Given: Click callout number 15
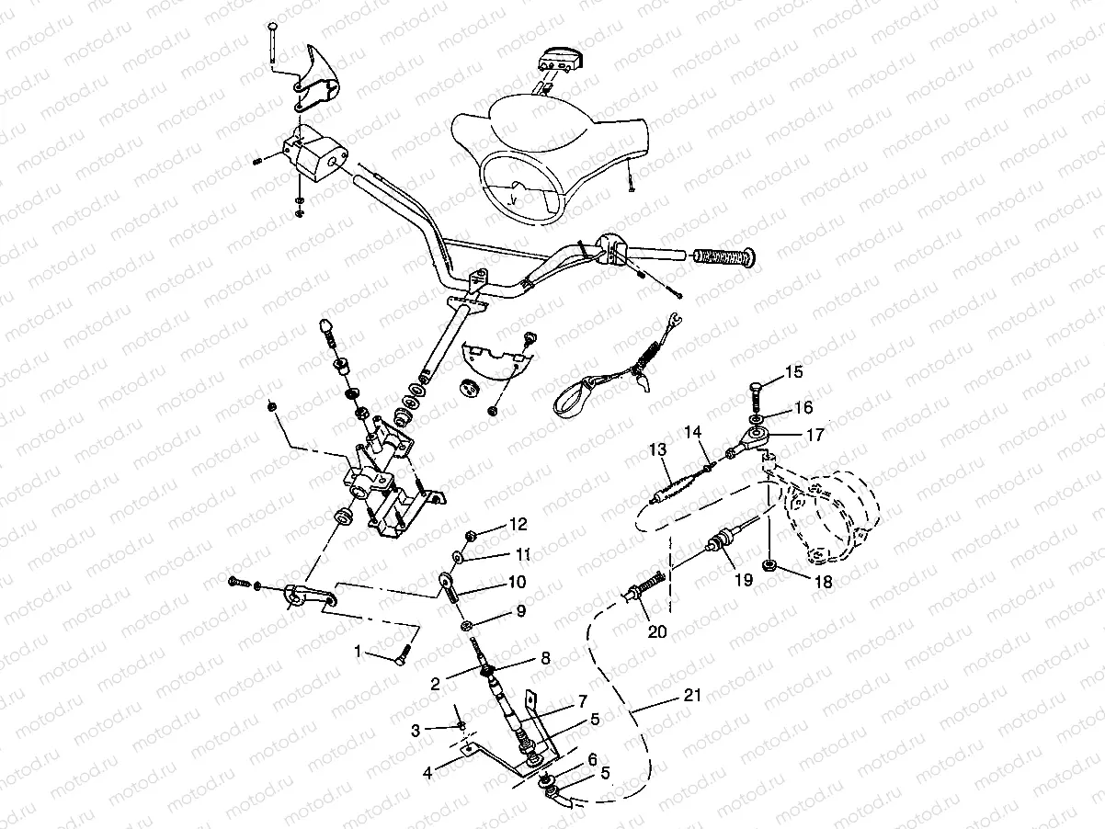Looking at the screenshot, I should click(x=793, y=372).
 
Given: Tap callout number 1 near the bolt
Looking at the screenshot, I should click(x=359, y=652).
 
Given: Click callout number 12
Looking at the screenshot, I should click(x=518, y=525).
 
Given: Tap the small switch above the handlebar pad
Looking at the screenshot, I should click(x=558, y=57).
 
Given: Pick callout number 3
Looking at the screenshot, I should click(x=416, y=730).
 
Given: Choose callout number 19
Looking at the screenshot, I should click(x=743, y=580).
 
